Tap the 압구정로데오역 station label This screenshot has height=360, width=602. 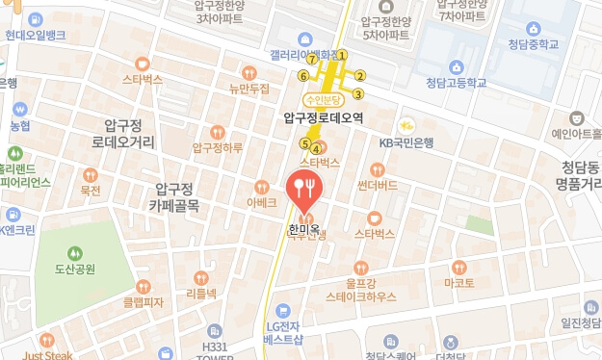click(x=324, y=117)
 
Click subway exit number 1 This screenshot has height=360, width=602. click(x=341, y=55)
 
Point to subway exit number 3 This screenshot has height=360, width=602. click(x=357, y=93)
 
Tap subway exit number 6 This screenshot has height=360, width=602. click(x=303, y=75)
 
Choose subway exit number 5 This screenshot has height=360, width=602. click(x=304, y=144)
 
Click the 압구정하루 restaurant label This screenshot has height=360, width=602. click(x=218, y=147)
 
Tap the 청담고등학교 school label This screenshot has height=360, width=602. click(x=456, y=83)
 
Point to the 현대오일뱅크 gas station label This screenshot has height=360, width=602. click(x=36, y=35)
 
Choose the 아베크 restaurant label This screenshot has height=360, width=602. click(x=261, y=202)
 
